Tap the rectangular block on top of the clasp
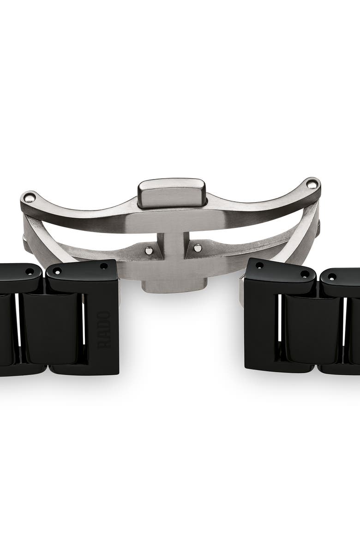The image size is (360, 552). (x=172, y=192)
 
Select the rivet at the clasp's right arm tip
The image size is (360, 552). (x=312, y=184)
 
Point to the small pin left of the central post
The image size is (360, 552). (x=149, y=250)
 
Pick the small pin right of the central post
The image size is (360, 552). (x=198, y=248)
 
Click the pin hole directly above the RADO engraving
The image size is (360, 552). (x=103, y=266)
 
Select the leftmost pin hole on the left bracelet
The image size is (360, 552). (x=30, y=271)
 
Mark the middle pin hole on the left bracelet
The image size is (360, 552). (x=57, y=271)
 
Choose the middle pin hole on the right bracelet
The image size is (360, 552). (x=304, y=274)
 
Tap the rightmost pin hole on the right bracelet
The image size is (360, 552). (x=331, y=276)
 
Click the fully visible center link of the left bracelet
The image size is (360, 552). (x=52, y=328)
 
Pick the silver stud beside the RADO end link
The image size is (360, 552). (x=119, y=291)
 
